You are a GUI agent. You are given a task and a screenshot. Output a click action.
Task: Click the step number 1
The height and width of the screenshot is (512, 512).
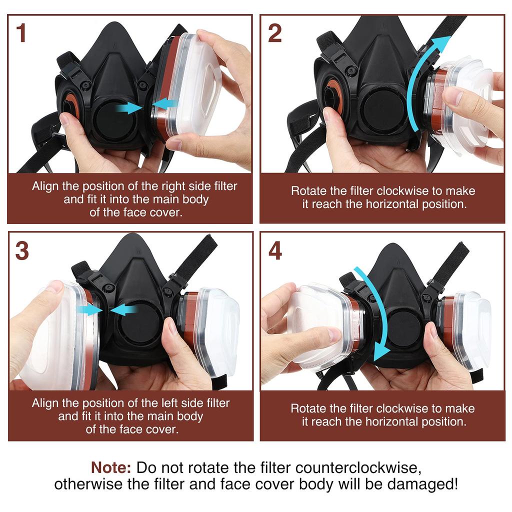(21, 33)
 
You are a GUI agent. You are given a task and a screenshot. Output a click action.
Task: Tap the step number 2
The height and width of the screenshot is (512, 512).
(275, 33)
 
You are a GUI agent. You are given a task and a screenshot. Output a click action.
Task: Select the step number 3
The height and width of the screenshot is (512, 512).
(21, 251)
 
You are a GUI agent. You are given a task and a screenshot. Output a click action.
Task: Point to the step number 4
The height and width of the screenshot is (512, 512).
(275, 251)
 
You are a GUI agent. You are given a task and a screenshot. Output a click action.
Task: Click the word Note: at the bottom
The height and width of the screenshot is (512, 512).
(111, 468)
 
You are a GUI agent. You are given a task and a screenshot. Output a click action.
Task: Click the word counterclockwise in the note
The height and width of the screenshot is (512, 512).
(356, 468)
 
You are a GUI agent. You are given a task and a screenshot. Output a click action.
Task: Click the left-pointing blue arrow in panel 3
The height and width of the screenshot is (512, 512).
(123, 310)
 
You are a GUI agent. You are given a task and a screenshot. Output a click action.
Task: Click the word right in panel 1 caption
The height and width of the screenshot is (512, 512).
(174, 186)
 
